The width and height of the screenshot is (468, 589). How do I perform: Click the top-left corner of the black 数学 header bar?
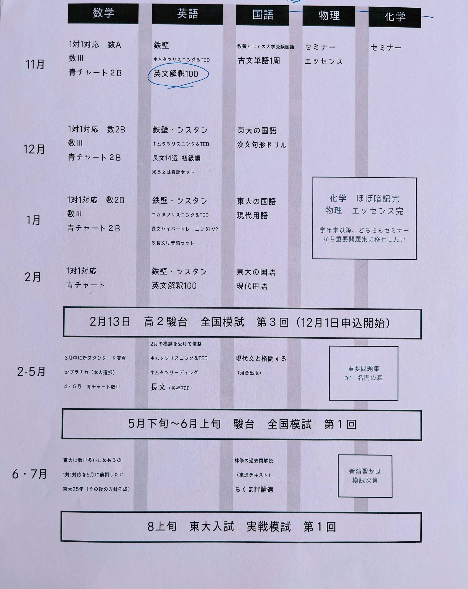coord(68,4)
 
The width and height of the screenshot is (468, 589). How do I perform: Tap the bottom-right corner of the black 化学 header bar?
coord(421,28)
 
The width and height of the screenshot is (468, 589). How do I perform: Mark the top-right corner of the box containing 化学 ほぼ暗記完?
coord(416,178)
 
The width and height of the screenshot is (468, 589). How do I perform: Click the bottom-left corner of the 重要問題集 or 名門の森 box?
coord(329,400)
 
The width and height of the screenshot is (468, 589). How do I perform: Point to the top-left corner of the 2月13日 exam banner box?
coord(64,307)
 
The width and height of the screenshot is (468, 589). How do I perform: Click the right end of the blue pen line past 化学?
coord(433,18)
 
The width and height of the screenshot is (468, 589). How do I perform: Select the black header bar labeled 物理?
coord(329,16)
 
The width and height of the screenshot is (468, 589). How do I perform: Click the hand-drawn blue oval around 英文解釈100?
coord(178,76)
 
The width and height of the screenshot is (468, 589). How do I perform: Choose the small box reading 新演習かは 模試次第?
coord(365,476)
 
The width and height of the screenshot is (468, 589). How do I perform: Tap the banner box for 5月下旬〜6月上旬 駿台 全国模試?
coord(242,424)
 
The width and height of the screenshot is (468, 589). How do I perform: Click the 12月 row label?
coord(34,149)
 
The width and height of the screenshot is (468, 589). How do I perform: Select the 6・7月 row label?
coord(29,474)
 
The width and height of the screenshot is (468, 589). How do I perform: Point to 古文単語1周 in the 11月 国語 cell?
coord(259,61)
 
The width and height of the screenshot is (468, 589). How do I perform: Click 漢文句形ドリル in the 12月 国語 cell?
coord(262,145)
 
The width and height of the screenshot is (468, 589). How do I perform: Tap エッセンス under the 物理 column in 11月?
coord(324,62)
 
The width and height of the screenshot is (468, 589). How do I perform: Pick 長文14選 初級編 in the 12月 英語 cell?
coord(176,158)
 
